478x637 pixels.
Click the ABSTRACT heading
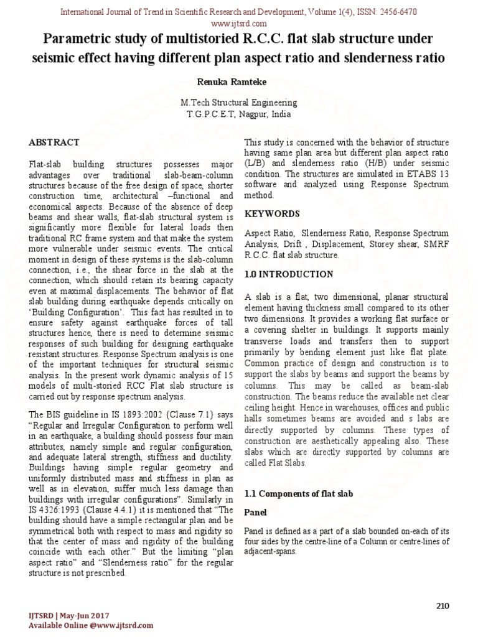54,142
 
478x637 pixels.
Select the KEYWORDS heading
272,213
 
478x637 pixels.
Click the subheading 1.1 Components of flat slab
299,493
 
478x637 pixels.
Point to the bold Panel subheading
255,513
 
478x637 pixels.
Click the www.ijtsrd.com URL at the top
238,23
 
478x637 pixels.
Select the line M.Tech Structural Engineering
238,103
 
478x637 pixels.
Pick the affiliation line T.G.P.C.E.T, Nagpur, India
238,114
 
